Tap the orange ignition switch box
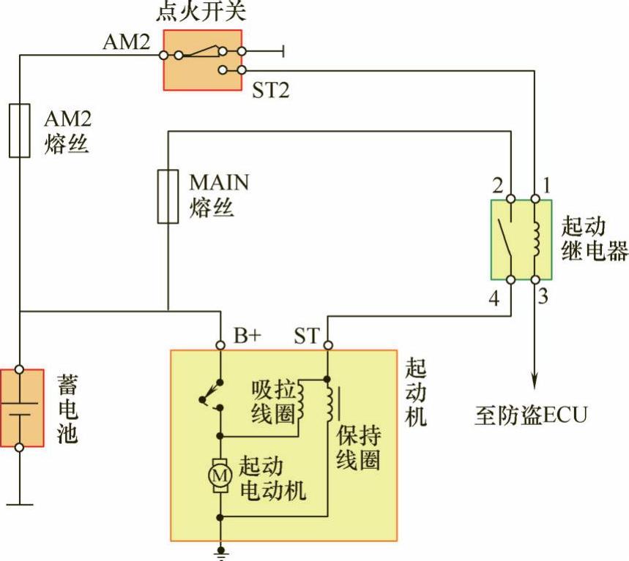[202, 60]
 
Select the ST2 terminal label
[272, 91]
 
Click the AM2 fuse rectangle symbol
[20, 130]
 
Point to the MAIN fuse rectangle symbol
[168, 195]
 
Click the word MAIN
[219, 181]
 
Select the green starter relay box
[521, 238]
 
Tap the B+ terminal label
[247, 336]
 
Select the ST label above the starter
[307, 336]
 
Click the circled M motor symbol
[219, 475]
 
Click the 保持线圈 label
[359, 448]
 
